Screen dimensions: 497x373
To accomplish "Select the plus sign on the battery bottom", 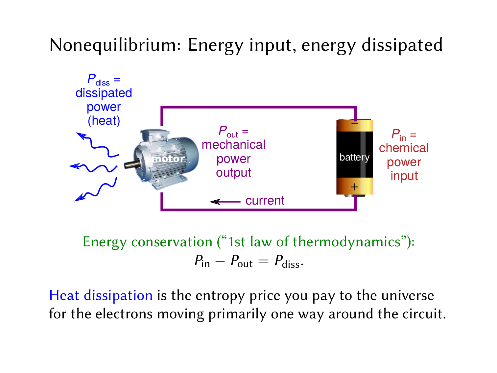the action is (x=354, y=187).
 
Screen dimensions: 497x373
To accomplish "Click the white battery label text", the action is (x=354, y=158).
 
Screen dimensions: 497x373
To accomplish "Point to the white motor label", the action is (x=169, y=159).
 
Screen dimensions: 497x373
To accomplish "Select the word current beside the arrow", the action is (x=265, y=201).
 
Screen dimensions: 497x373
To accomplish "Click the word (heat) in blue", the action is (x=104, y=121).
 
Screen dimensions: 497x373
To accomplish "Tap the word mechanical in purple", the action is (x=233, y=145).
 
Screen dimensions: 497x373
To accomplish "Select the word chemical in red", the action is (x=404, y=148).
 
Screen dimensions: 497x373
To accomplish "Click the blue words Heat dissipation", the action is (x=101, y=295).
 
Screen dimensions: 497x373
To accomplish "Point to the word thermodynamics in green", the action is (x=346, y=242).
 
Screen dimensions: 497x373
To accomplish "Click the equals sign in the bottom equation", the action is (x=263, y=262).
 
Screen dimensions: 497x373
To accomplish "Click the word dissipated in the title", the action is (x=402, y=45).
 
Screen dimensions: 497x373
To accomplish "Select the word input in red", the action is (x=404, y=176).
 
